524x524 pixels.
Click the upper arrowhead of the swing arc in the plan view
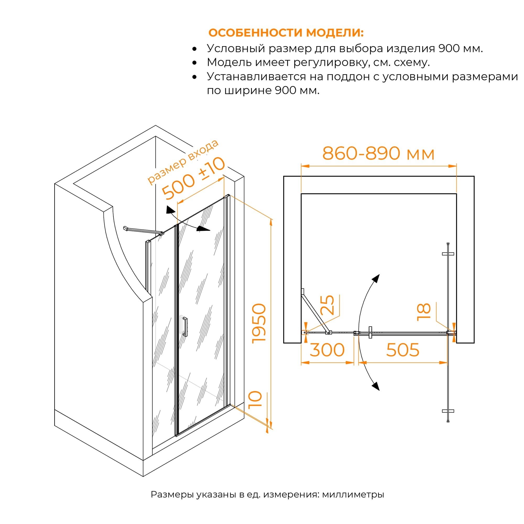click(376, 279)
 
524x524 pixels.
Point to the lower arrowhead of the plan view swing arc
click(376, 386)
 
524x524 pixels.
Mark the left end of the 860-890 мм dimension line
click(301, 166)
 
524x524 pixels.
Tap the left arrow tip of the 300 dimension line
click(301, 363)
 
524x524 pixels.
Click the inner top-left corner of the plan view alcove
click(301, 194)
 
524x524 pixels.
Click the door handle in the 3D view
click(185, 326)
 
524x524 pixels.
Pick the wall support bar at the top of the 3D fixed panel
click(144, 231)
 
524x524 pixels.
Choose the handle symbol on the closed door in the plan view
click(370, 332)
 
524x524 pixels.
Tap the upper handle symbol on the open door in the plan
click(448, 254)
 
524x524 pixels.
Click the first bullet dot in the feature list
click(194, 49)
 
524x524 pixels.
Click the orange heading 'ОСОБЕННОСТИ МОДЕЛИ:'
click(286, 32)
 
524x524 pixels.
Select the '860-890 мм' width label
click(378, 153)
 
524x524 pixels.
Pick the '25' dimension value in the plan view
click(327, 305)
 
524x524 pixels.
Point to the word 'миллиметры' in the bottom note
click(353, 494)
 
